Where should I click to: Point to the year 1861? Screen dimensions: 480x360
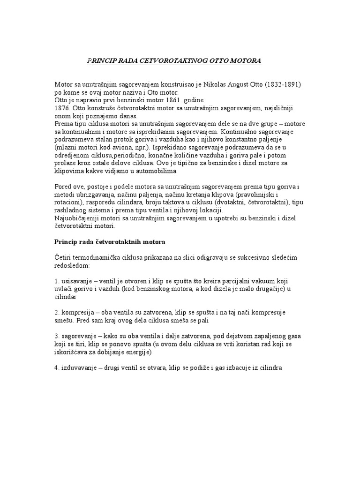tap(180, 100)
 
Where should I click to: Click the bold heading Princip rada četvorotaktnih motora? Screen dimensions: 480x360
tap(115, 242)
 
